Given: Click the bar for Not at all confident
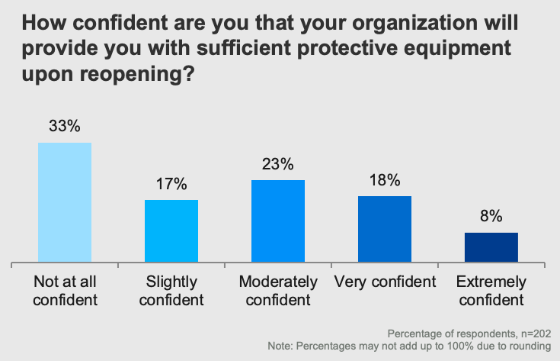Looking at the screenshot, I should click(x=65, y=203).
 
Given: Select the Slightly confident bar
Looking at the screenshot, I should click(x=171, y=231).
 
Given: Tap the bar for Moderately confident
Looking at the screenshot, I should click(x=278, y=221).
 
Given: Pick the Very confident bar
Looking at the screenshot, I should click(x=385, y=229).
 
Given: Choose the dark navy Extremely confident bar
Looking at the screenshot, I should click(x=491, y=247).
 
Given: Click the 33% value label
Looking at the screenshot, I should click(x=65, y=127).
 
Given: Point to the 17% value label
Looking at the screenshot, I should click(x=171, y=184).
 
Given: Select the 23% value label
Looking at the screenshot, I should click(x=278, y=164).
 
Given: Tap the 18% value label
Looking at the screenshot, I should click(x=385, y=180).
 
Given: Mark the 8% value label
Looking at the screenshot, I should click(x=491, y=217).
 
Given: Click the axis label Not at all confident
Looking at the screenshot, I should click(x=65, y=291).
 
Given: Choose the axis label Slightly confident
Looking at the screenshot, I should click(x=171, y=291).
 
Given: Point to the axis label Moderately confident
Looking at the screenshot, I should click(x=278, y=291).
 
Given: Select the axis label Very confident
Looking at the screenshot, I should click(x=385, y=282).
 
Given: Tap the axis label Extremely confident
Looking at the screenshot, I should click(x=491, y=291).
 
